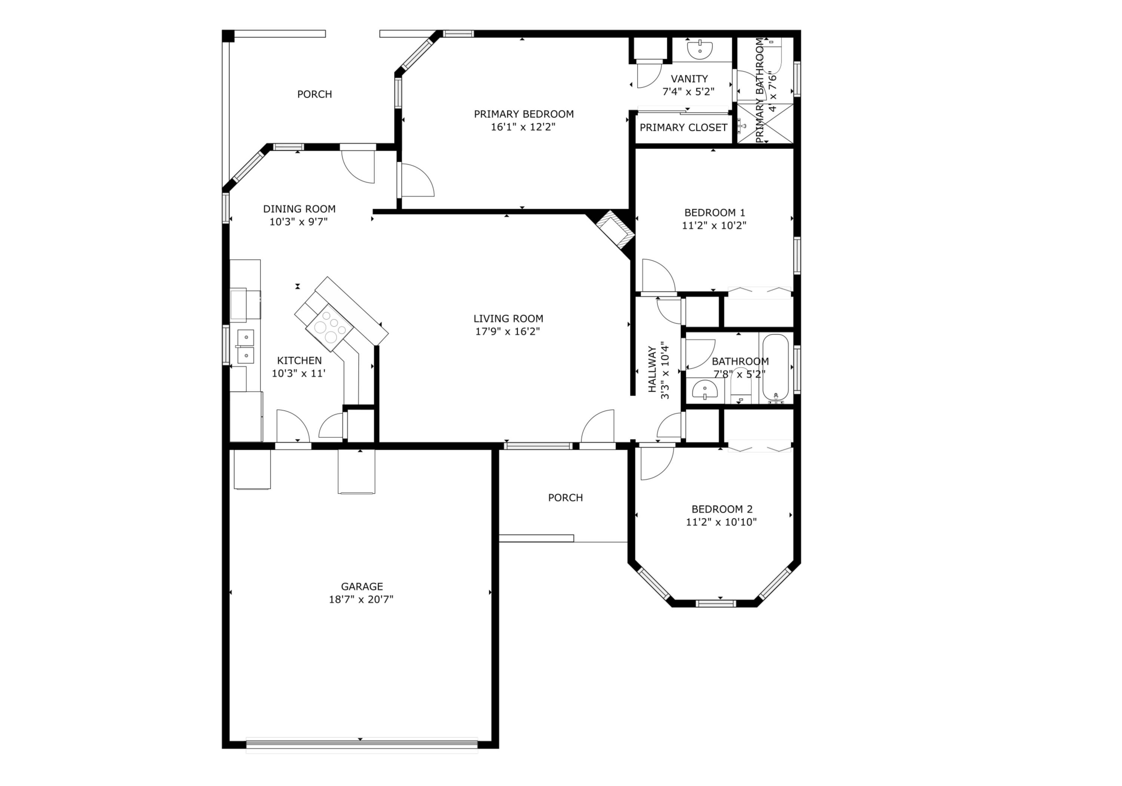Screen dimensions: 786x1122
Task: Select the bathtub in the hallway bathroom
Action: tap(776, 368)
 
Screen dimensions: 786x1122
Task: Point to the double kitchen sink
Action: tap(245, 346)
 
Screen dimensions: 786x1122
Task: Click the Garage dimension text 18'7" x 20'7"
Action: tap(361, 599)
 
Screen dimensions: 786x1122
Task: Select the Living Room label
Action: tap(508, 319)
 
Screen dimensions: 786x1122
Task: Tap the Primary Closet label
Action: tap(683, 128)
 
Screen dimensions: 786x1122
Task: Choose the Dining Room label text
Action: tap(299, 209)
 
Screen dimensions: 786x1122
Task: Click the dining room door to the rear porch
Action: tap(358, 166)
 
